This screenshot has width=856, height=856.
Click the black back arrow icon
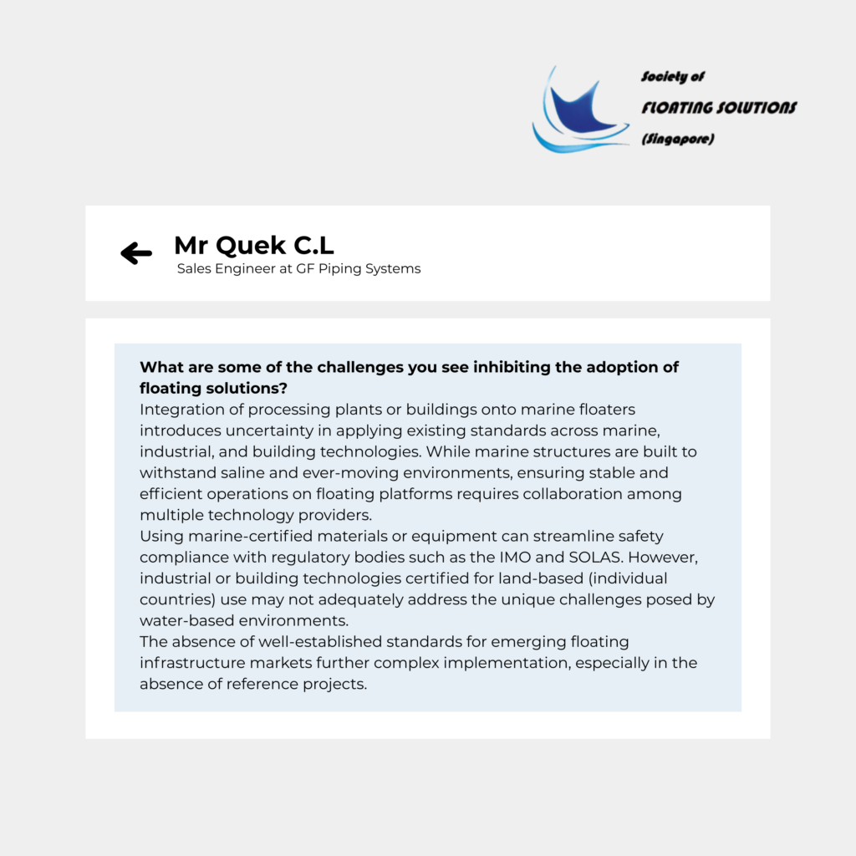[x=136, y=252]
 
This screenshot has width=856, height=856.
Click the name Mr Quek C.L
[x=254, y=246]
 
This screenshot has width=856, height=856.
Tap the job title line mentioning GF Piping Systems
[x=298, y=269]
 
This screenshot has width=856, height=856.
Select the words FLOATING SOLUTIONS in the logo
[x=719, y=108]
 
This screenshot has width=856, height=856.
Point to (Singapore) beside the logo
[x=677, y=140]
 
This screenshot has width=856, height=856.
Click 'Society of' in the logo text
[x=673, y=77]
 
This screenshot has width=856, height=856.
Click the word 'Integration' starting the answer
[x=182, y=410]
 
